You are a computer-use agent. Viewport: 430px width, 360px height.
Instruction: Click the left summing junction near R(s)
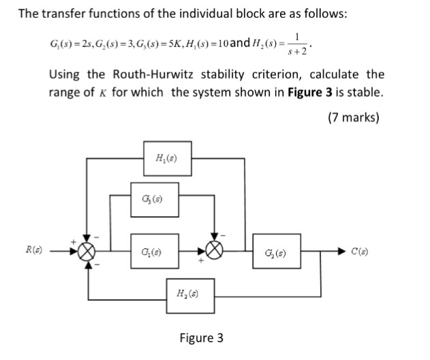(x=87, y=252)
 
